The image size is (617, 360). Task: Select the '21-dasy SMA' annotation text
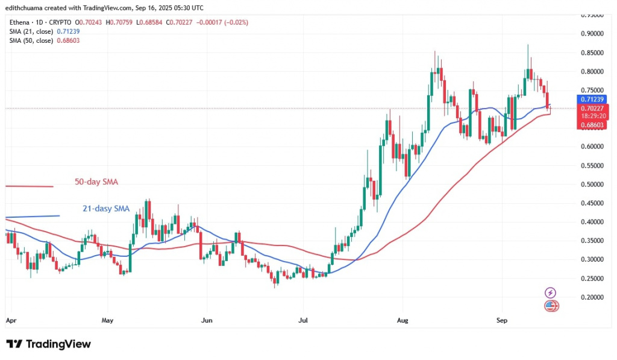point(106,209)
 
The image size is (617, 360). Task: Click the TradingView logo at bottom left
point(49,344)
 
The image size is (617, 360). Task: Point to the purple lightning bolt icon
point(550,292)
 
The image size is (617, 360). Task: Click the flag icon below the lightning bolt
point(551,306)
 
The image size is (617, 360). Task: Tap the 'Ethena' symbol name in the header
point(19,22)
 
